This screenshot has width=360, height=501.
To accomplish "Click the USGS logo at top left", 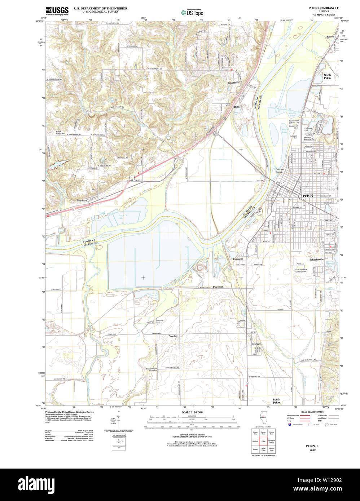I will (x=57, y=11).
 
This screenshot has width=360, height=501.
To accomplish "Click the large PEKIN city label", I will (x=308, y=195).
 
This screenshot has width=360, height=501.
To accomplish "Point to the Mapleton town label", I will (x=82, y=200).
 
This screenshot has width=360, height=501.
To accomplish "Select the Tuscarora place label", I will (x=233, y=83).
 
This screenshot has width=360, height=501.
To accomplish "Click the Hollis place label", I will (x=237, y=107).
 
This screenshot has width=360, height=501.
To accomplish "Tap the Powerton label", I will (x=218, y=287).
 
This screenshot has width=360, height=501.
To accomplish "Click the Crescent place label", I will (x=238, y=259).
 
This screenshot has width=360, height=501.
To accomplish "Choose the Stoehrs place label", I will (x=173, y=336).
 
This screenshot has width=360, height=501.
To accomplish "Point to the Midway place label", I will (x=256, y=344).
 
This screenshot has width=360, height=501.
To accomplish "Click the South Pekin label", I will (x=276, y=401).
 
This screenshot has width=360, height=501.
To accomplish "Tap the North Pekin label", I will (x=327, y=76).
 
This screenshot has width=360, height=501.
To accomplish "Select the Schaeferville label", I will (x=316, y=259).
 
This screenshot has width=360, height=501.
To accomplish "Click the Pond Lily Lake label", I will (x=123, y=217).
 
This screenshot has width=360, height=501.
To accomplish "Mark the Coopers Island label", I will (x=280, y=170).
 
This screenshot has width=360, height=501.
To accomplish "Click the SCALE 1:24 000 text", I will (x=192, y=412).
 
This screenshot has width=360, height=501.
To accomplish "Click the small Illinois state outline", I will (x=263, y=420).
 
